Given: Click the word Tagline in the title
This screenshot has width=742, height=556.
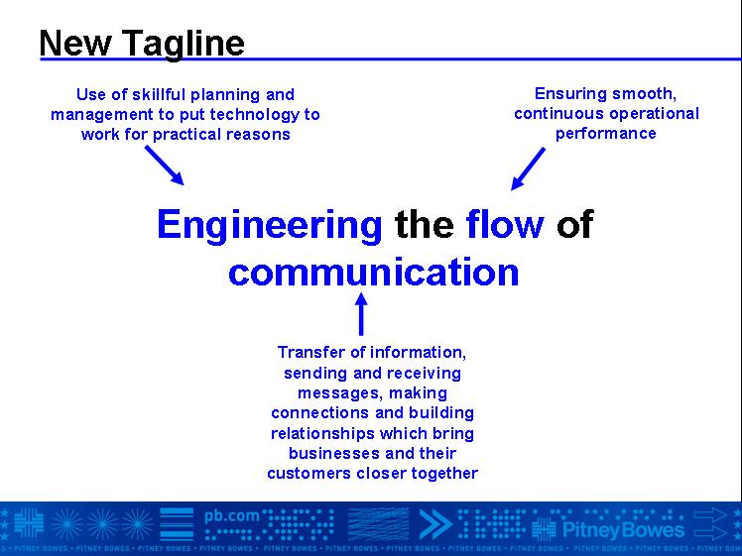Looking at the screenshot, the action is pos(184,45).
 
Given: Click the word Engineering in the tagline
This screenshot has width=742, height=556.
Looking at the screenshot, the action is pos(270,226).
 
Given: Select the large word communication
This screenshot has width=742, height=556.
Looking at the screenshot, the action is pos(373,272).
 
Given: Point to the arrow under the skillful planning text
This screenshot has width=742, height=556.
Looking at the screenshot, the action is pos(165,165).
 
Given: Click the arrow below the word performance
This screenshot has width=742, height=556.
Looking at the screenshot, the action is pos(528,168).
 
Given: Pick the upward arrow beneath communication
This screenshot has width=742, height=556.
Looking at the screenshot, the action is pos(361,314).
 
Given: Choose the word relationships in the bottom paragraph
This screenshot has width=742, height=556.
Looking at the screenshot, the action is pos(322,433).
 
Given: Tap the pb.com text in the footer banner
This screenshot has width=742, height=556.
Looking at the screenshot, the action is pos(232,516).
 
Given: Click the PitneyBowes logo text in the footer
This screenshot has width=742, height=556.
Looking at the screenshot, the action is pos(623,529).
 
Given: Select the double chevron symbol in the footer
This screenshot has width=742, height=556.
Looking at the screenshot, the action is pos(435,524).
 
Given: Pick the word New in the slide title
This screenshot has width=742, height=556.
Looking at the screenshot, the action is pos(75,44).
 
